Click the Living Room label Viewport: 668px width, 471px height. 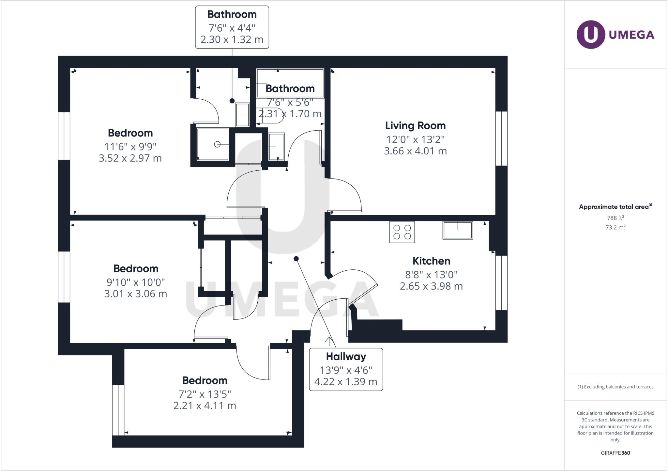coord(415,126)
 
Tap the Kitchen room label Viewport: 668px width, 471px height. coord(431,261)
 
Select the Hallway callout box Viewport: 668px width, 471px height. coord(346,369)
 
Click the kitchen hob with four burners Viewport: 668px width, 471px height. coord(402,232)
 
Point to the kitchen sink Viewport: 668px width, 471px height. coord(458,230)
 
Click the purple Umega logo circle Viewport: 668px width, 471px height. coord(591,35)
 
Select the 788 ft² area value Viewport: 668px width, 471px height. coord(615,218)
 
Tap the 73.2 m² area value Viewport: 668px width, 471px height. coord(615,227)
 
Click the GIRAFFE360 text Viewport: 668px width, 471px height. coord(615,453)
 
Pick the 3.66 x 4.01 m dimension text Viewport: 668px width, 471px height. coord(415,151)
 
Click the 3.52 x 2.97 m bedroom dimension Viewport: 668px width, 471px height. coord(130,158)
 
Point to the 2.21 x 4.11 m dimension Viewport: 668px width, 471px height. coord(205,406)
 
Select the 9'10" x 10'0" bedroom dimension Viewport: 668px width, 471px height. coord(136,282)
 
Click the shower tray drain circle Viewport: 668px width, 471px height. coord(217,144)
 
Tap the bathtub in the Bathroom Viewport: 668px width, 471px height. coord(290,83)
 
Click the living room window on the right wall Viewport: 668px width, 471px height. coord(501,139)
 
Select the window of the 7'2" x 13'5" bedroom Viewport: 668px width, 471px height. coord(118,410)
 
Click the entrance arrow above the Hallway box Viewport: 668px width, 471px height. coord(329,341)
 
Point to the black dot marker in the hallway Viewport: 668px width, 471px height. coord(296,259)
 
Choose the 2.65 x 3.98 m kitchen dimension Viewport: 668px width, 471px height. coord(431,286)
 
